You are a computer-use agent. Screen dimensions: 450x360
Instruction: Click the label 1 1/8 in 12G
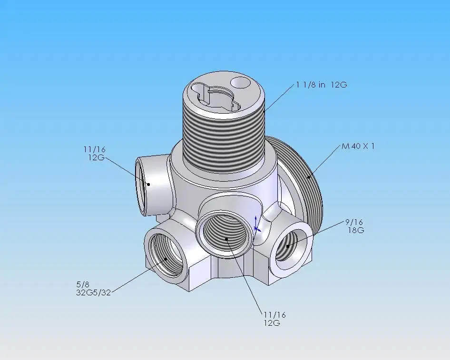click(322, 85)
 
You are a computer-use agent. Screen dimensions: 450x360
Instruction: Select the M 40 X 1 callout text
click(358, 146)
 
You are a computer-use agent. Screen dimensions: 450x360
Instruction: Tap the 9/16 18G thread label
click(355, 226)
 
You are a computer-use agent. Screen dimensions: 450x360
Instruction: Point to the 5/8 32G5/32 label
click(94, 289)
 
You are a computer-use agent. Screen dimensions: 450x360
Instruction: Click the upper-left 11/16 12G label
click(95, 154)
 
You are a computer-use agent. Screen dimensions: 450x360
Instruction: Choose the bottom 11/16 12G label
click(274, 319)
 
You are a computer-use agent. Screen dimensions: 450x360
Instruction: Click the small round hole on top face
click(241, 83)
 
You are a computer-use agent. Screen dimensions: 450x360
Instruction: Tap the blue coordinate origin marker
click(256, 225)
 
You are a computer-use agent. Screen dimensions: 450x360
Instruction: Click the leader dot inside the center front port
click(226, 239)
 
